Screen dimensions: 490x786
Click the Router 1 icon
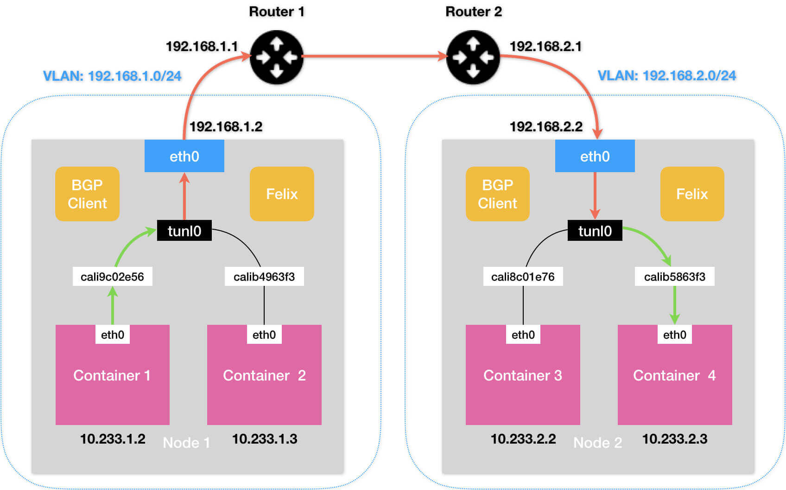pos(277,57)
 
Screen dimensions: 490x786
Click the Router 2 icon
pos(473,57)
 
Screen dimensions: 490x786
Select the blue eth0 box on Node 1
pos(184,156)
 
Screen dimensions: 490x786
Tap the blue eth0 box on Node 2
pos(595,156)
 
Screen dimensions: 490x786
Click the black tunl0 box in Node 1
pos(184,231)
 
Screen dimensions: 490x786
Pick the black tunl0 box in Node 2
pos(595,231)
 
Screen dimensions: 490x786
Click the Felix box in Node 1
pos(282,194)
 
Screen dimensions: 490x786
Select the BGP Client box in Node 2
pos(497,194)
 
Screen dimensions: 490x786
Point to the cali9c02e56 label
pos(112,277)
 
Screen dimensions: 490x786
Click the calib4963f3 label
pos(264,277)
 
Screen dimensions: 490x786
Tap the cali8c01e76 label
pos(523,277)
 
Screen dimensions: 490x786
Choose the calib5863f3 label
pos(674,277)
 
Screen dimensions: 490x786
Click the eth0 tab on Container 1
pos(113,335)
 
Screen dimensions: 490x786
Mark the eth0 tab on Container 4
pos(674,335)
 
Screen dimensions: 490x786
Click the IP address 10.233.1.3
pos(265,439)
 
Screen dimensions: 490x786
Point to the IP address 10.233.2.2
pos(523,439)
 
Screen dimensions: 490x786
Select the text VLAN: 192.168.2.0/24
pos(666,76)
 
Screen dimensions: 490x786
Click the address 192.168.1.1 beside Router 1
pos(202,46)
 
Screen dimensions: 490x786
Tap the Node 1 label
pos(186,443)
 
